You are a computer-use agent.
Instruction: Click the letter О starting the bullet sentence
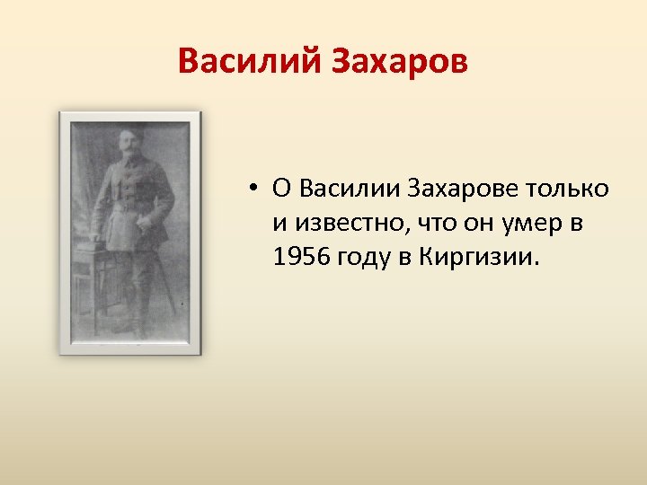(x=280, y=189)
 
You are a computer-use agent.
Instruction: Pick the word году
(x=365, y=259)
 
